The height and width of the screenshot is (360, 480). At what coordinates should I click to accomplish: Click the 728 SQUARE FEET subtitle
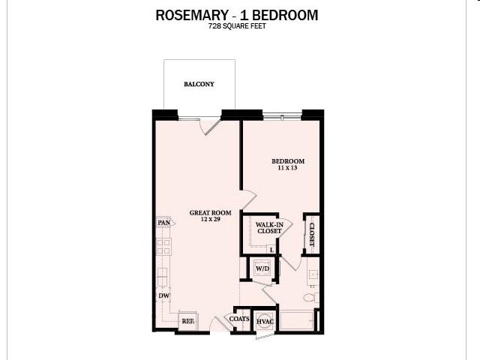click(x=236, y=27)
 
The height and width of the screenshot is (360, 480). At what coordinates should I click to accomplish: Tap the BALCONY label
click(x=199, y=84)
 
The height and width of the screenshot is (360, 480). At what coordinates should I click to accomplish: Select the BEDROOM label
click(x=287, y=161)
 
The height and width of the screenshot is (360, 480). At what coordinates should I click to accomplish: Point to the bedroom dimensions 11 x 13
click(x=287, y=169)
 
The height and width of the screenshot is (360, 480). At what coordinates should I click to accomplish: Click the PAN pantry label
click(x=163, y=223)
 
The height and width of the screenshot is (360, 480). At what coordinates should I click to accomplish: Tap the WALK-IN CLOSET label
click(x=268, y=227)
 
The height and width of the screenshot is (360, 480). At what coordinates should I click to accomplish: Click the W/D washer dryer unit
click(x=262, y=268)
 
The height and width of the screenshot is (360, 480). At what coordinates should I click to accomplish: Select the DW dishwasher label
click(x=163, y=296)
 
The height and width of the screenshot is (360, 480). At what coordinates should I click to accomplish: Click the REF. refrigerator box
click(x=187, y=320)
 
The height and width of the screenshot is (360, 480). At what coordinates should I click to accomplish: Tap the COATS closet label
click(x=239, y=319)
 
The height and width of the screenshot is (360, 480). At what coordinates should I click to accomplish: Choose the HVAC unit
click(x=264, y=321)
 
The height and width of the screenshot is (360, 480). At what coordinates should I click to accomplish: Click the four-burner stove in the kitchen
click(x=163, y=246)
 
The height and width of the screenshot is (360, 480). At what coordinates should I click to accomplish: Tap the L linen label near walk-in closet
click(x=271, y=250)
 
